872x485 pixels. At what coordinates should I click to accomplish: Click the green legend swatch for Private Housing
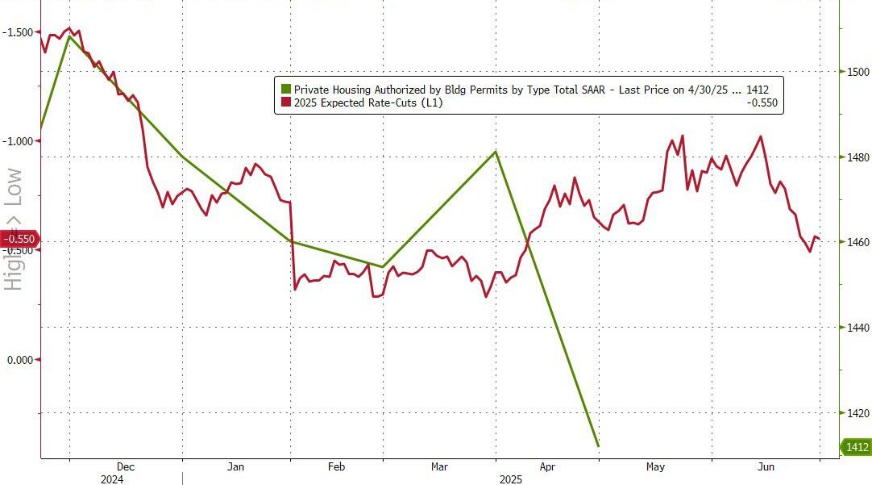pyautogui.click(x=284, y=89)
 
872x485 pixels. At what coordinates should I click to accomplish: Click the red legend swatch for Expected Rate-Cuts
pyautogui.click(x=284, y=102)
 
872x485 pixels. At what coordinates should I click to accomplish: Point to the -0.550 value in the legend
pyautogui.click(x=761, y=102)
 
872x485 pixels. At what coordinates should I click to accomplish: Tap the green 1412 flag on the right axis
pyautogui.click(x=856, y=446)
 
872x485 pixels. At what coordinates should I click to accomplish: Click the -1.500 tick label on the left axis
pyautogui.click(x=19, y=32)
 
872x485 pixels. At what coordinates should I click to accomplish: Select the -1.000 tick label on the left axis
pyautogui.click(x=19, y=141)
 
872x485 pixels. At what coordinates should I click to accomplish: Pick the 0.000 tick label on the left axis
pyautogui.click(x=20, y=360)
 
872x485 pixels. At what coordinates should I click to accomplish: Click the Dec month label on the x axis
pyautogui.click(x=126, y=466)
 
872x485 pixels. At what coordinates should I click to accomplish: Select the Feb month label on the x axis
pyautogui.click(x=337, y=466)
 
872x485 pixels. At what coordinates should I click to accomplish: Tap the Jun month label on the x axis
pyautogui.click(x=767, y=466)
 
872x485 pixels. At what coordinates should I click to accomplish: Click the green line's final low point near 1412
pyautogui.click(x=597, y=445)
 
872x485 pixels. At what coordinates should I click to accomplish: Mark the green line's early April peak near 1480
pyautogui.click(x=496, y=151)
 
